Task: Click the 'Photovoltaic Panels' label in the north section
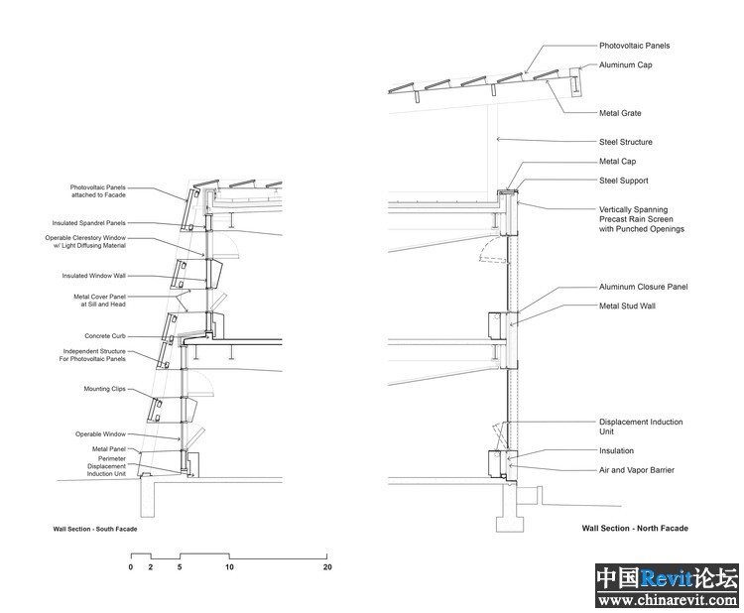[635, 46]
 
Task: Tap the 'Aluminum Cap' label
[625, 65]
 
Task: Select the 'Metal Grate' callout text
[620, 113]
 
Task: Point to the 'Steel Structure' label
[625, 142]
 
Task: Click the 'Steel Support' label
[624, 181]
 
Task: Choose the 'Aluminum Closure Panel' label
[643, 287]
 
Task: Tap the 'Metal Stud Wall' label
[627, 306]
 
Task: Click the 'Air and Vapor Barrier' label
[636, 470]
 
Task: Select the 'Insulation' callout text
[616, 450]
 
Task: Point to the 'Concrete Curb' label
[105, 336]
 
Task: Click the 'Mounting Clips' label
[104, 389]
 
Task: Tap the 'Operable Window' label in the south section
[100, 434]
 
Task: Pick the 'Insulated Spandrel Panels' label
[88, 223]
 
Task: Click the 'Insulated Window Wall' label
[93, 276]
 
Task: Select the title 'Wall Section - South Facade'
[95, 529]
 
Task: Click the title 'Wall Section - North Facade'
[635, 528]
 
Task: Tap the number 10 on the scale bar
[229, 567]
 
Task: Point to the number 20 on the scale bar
[327, 567]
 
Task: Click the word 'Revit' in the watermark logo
[667, 578]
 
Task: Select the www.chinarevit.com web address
[668, 600]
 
